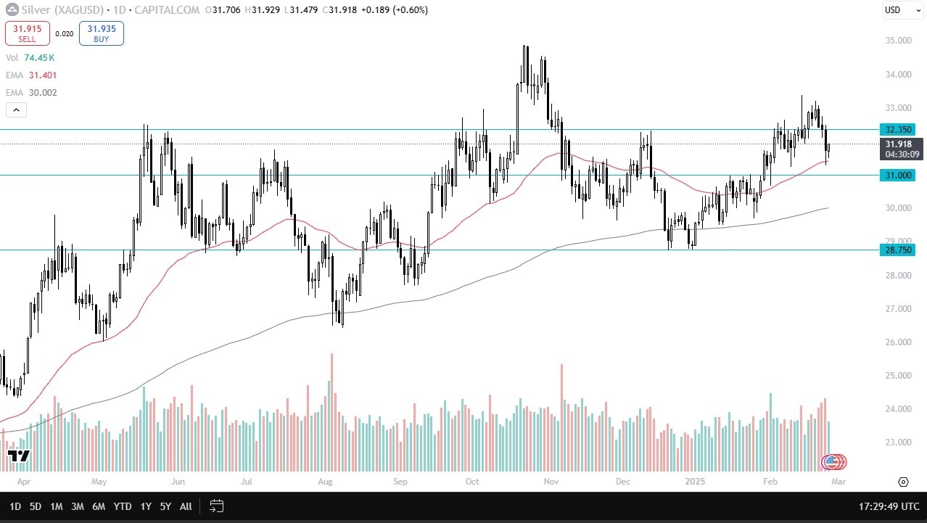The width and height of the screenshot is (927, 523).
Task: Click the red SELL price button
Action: (x=28, y=33)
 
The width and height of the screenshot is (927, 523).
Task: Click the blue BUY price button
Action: (x=102, y=33)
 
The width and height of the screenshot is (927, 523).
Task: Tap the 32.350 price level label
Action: (x=897, y=130)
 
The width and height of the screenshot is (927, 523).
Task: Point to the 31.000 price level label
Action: (x=897, y=175)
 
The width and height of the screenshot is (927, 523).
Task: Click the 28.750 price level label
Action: (x=897, y=250)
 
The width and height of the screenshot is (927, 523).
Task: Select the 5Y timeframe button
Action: (x=165, y=506)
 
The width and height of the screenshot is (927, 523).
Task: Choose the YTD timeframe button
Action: (x=123, y=506)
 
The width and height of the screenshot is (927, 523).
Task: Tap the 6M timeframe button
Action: (x=99, y=506)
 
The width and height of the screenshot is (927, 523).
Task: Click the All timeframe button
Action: (x=186, y=506)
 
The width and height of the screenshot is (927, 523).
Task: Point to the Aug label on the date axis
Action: (x=324, y=481)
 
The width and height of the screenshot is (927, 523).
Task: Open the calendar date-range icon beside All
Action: (x=215, y=506)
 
